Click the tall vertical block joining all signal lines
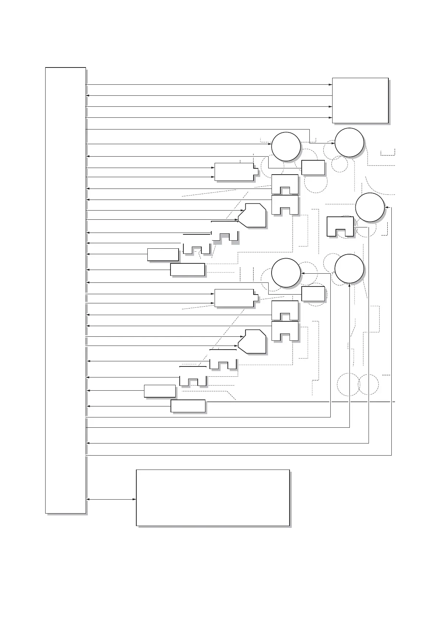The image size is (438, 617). pyautogui.click(x=65, y=290)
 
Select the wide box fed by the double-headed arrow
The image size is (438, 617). pyautogui.click(x=213, y=497)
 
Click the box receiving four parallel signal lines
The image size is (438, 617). pyautogui.click(x=360, y=100)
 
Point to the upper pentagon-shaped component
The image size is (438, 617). pyautogui.click(x=252, y=216)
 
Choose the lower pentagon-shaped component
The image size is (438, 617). pyautogui.click(x=252, y=342)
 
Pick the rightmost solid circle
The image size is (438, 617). pyautogui.click(x=370, y=207)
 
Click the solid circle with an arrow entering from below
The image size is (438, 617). pyautogui.click(x=349, y=269)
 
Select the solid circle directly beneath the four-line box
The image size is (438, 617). pyautogui.click(x=349, y=143)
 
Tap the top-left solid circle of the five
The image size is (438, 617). pyautogui.click(x=286, y=147)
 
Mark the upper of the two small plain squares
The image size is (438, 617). pyautogui.click(x=313, y=167)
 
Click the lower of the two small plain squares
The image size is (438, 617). pyautogui.click(x=313, y=294)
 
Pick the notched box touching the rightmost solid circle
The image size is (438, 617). pyautogui.click(x=340, y=226)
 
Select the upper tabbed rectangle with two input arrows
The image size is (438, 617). pyautogui.click(x=234, y=172)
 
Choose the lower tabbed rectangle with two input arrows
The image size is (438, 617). pyautogui.click(x=234, y=298)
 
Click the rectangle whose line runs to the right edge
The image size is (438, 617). pyautogui.click(x=188, y=406)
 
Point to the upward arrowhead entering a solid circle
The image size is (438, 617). pyautogui.click(x=349, y=286)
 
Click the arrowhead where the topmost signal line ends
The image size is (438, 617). pyautogui.click(x=330, y=85)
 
